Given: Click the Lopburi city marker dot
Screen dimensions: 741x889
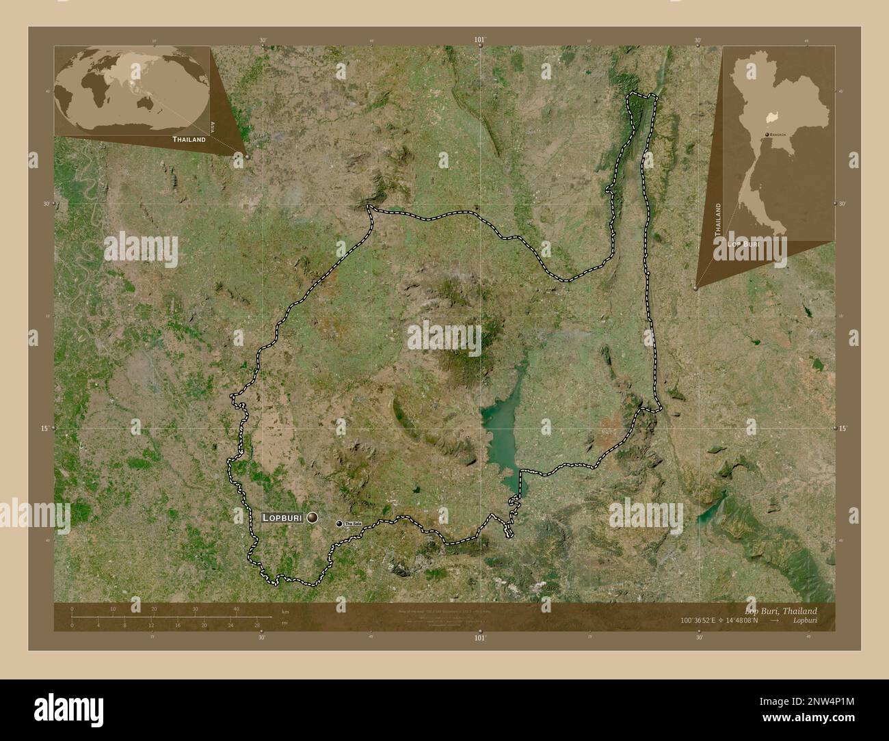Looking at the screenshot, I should point(313,518).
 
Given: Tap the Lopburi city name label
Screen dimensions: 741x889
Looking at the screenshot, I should point(282,518).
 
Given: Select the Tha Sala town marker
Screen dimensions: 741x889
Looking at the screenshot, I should point(339,524).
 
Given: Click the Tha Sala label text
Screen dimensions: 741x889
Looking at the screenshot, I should point(352,524).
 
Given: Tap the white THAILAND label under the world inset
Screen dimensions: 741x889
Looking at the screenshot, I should point(189,139).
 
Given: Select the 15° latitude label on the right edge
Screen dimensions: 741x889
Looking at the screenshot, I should point(842,428).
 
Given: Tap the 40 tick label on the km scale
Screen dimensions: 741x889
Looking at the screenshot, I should point(237,608).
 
